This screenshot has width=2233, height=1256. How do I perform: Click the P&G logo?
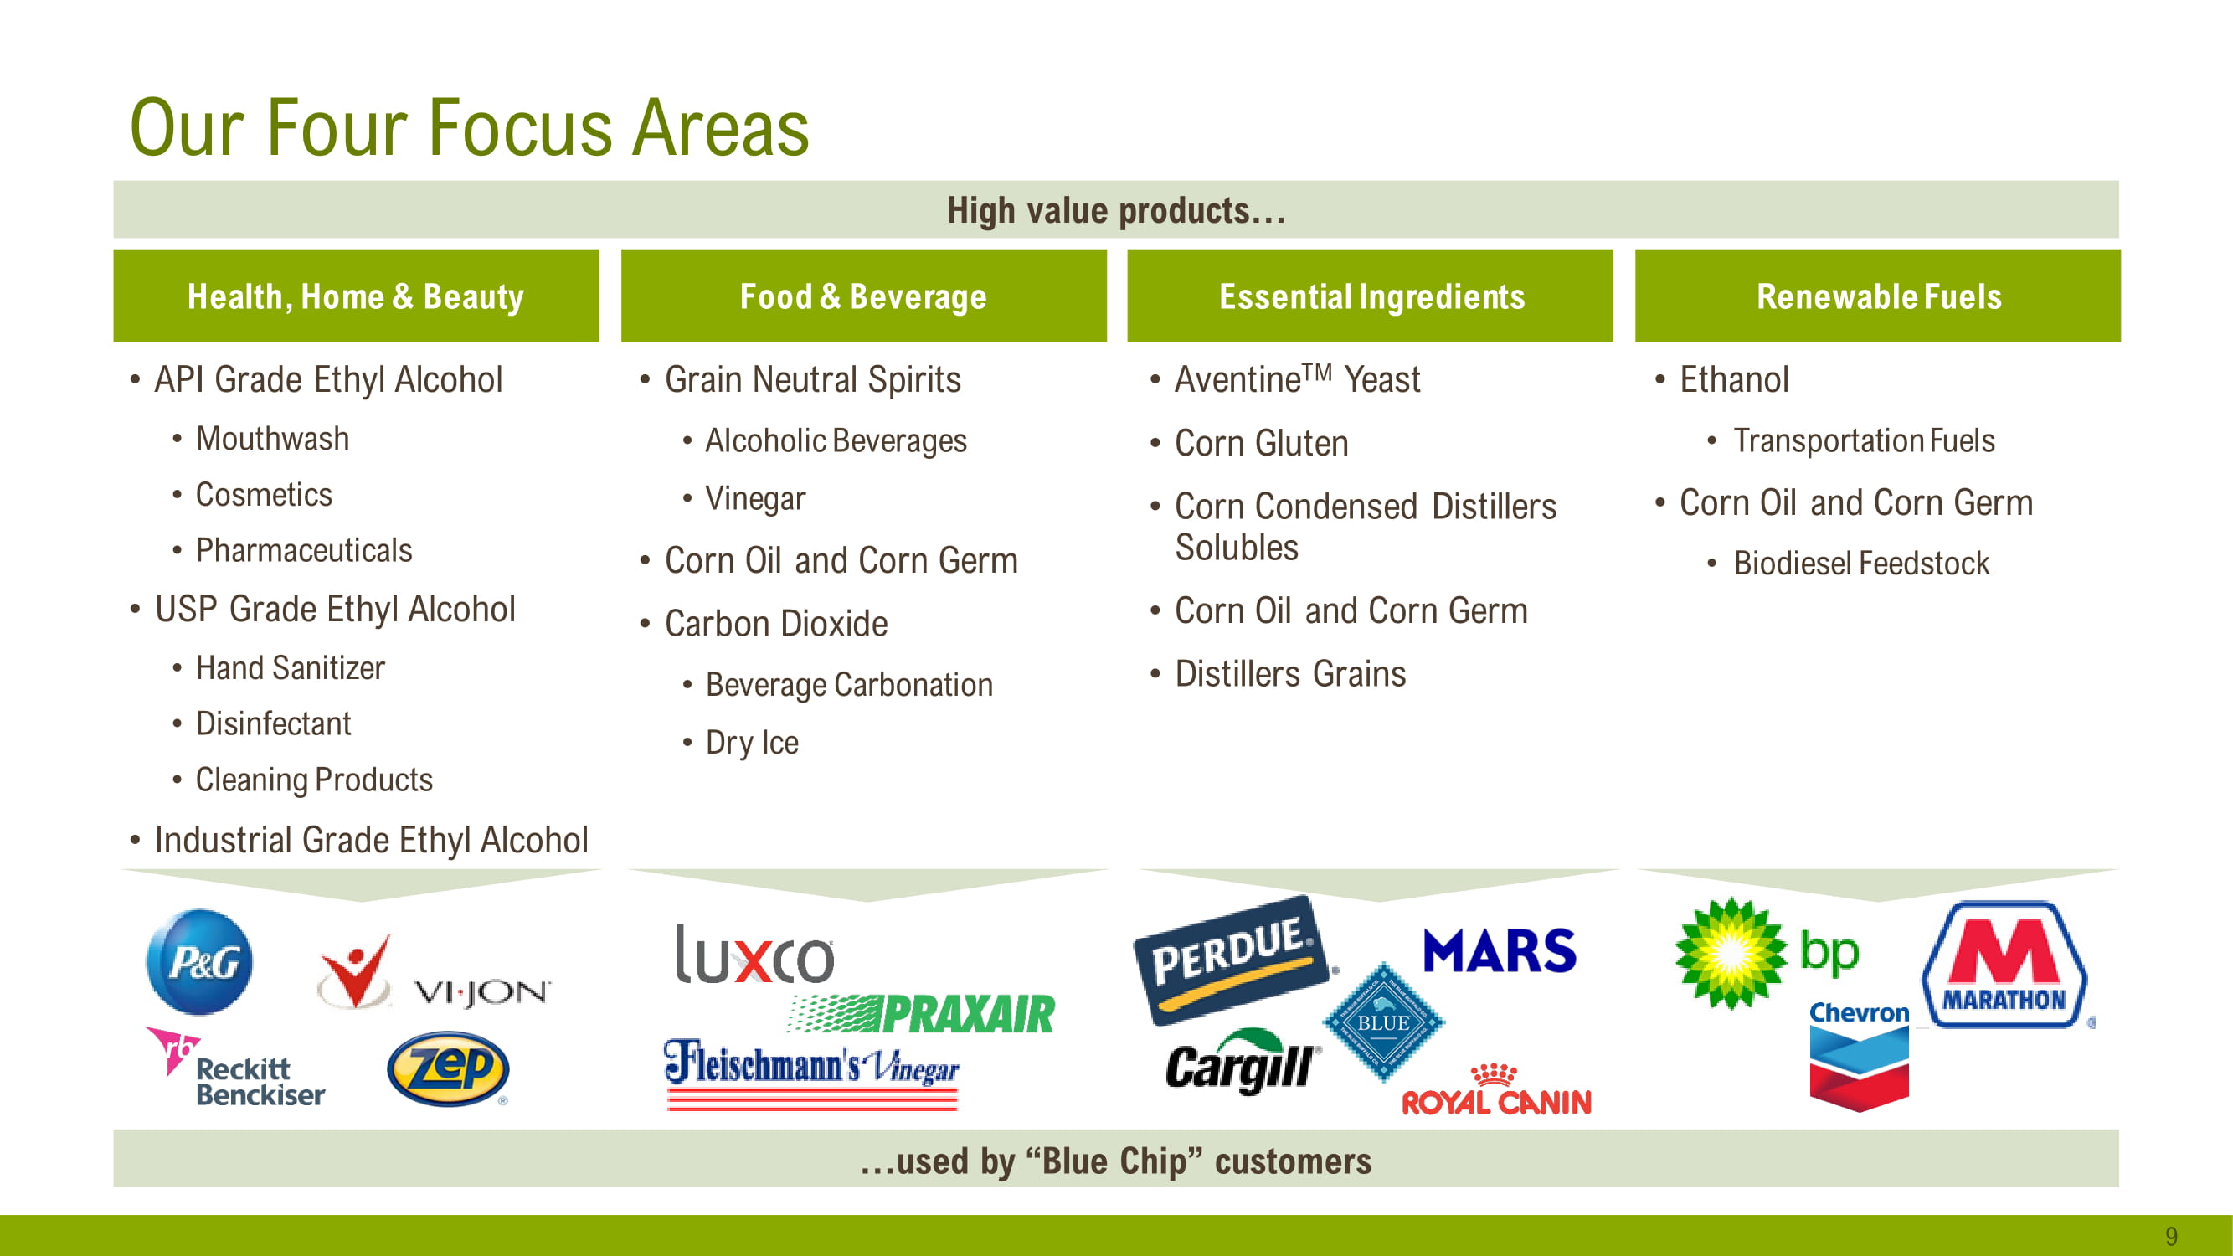[200, 961]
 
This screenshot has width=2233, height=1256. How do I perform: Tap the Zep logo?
[448, 1068]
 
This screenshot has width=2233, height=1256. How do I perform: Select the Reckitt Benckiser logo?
[235, 1067]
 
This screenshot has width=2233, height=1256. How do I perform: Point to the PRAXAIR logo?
[922, 1013]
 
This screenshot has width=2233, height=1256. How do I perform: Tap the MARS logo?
[1500, 951]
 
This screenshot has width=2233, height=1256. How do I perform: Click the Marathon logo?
[2004, 964]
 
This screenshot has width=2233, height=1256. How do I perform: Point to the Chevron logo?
[1860, 1057]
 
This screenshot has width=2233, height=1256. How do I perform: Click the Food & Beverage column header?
[863, 296]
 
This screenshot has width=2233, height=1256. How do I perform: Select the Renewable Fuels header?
[1878, 296]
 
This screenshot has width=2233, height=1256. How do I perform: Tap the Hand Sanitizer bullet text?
[291, 668]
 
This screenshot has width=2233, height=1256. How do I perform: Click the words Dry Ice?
[752, 743]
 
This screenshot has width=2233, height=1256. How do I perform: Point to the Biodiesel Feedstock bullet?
[1861, 564]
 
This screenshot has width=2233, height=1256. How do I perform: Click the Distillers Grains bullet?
[1290, 673]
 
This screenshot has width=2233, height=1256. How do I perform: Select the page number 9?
[2171, 1235]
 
